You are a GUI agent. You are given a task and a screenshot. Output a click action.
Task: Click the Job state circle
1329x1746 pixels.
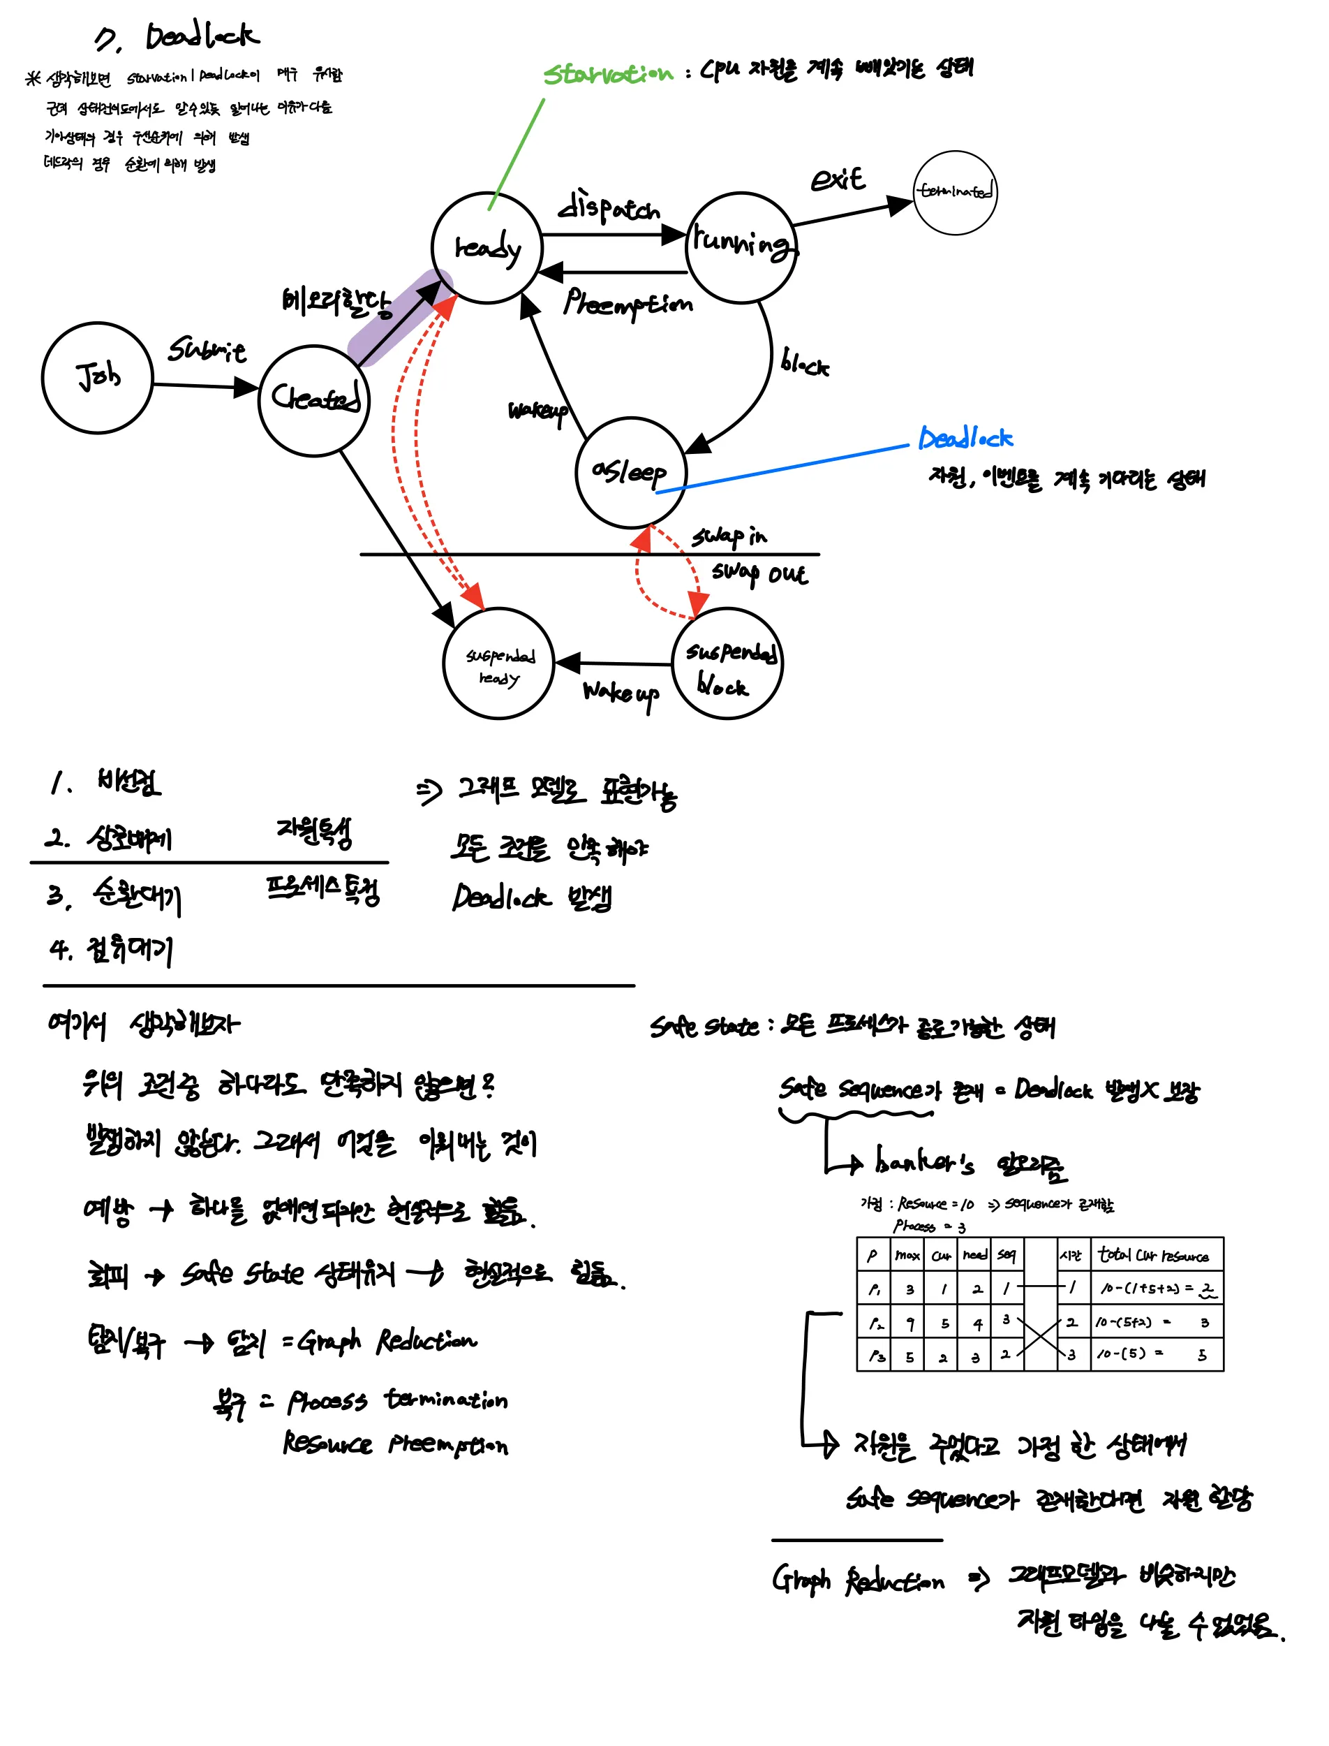96,378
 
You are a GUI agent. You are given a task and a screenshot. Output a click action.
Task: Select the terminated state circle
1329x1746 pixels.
955,192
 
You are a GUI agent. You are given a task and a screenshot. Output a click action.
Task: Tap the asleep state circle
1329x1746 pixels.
630,473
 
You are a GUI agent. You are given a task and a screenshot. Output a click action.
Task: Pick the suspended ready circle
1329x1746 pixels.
498,663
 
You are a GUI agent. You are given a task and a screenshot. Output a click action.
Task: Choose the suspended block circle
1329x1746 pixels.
727,663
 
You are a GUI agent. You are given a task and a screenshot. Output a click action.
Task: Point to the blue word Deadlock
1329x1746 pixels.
965,438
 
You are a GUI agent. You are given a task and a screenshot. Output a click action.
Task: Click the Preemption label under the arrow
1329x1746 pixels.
628,303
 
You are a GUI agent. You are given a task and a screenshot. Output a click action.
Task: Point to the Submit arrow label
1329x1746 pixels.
207,349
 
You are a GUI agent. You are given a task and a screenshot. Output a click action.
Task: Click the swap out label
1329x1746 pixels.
759,573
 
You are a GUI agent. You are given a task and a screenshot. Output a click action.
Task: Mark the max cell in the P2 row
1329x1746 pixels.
909,1323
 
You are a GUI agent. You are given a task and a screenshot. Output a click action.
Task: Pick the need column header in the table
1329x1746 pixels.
974,1255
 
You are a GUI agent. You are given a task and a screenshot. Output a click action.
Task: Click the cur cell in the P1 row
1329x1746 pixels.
943,1289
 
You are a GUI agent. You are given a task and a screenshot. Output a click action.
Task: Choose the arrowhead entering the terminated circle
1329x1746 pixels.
900,206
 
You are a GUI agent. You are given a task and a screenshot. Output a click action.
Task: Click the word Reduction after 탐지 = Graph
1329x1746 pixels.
426,1341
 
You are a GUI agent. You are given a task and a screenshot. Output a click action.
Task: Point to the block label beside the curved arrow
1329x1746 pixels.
805,363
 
